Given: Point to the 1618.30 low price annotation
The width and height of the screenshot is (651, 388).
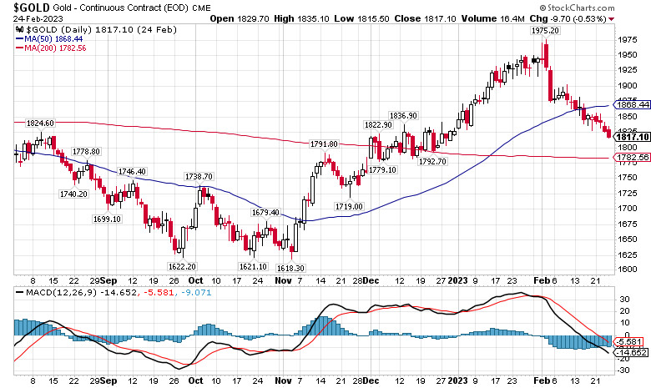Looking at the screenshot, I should pyautogui.click(x=291, y=267).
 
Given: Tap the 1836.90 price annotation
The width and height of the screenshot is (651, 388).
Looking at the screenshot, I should pyautogui.click(x=403, y=115).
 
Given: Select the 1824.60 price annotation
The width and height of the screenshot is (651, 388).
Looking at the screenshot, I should pyautogui.click(x=40, y=123).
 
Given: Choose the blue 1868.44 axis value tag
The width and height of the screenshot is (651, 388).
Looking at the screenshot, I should pyautogui.click(x=633, y=105).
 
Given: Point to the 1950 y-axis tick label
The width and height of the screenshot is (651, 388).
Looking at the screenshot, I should pyautogui.click(x=628, y=54).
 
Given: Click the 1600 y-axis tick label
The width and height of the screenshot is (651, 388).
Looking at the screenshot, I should pyautogui.click(x=628, y=269).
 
